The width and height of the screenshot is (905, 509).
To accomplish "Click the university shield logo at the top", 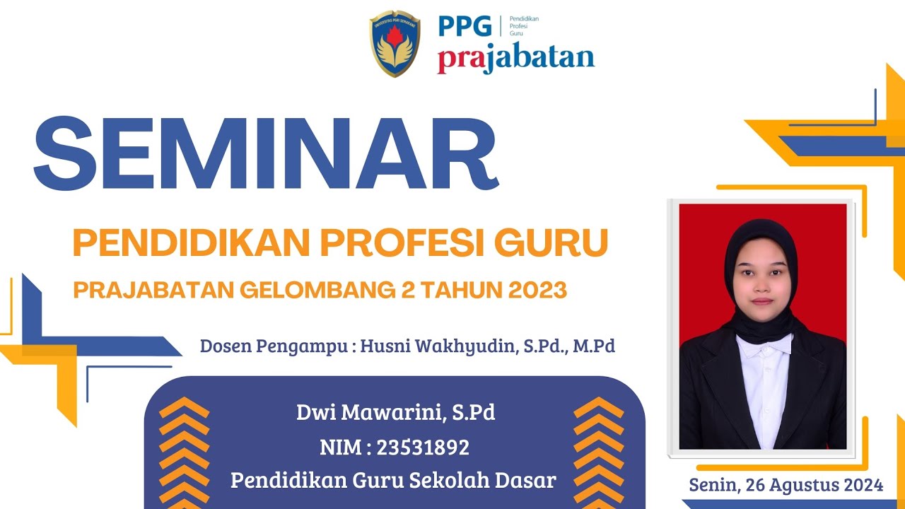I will point(395,44).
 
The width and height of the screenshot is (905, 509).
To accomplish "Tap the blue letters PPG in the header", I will point(465,26).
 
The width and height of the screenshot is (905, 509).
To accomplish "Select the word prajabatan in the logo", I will point(515,59).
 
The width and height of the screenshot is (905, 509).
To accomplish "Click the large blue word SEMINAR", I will point(266,154).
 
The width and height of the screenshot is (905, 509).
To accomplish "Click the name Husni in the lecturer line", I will point(385,346).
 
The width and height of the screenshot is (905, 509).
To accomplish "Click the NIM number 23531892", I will point(423,447).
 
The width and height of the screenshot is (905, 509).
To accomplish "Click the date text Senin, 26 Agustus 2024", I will point(786,485).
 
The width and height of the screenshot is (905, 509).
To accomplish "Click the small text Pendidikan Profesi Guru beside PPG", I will point(523,26).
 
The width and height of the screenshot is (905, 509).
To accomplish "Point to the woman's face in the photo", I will point(761,279).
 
